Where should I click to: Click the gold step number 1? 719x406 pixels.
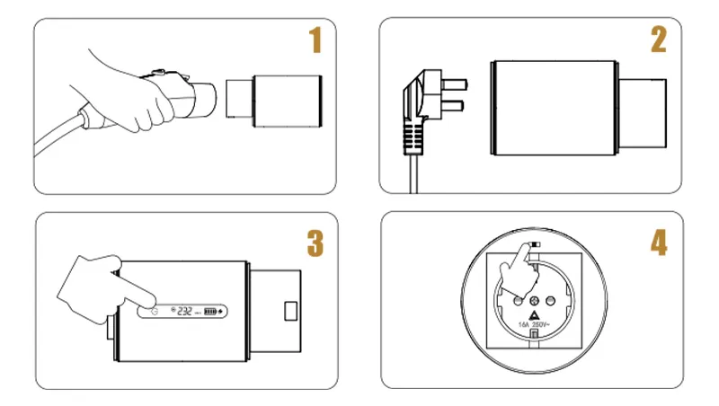pos(315,41)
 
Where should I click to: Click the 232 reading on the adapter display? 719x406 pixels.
pos(185,312)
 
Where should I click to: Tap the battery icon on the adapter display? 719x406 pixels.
pos(210,312)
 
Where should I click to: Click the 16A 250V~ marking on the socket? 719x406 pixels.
pos(534,324)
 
